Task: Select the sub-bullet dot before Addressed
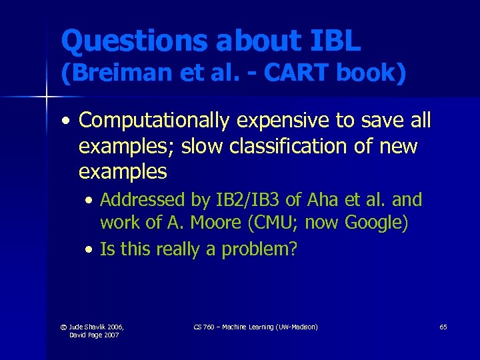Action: (x=90, y=200)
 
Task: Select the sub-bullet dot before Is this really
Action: (x=90, y=250)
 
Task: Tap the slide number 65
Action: (x=443, y=327)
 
